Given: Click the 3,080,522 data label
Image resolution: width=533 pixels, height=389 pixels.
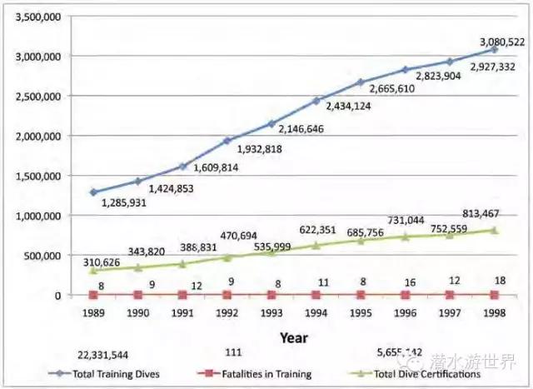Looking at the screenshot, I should tap(501, 42).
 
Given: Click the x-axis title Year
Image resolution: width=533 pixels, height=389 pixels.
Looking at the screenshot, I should tap(294, 339).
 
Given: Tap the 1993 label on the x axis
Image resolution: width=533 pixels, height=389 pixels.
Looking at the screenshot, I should tap(271, 315).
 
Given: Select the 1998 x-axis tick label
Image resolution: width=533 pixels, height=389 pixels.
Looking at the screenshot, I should tap(495, 315).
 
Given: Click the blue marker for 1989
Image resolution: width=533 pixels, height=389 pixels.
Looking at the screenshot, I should tap(92, 192).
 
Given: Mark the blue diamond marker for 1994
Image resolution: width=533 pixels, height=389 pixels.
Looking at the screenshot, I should tap(316, 101).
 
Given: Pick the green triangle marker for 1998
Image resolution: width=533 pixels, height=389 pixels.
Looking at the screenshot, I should tap(495, 230).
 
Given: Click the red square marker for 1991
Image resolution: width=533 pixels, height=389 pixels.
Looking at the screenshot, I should tap(182, 295).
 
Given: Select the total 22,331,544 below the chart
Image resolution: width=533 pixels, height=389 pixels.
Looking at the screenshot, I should tap(103, 355).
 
